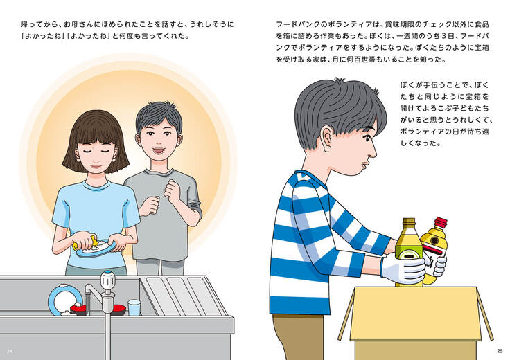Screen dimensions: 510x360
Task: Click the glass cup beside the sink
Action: click(x=134, y=307)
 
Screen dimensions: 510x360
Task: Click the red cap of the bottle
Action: click(x=441, y=222)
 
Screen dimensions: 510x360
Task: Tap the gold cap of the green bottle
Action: click(x=409, y=223)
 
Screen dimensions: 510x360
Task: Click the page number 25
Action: click(x=500, y=351)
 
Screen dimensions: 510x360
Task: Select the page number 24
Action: click(x=10, y=351)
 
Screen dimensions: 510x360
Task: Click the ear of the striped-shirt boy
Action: click(x=327, y=138)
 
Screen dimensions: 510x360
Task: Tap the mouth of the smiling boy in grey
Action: click(x=159, y=151)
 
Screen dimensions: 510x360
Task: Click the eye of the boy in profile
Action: click(x=367, y=138)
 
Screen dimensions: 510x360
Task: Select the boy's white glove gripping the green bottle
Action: click(x=403, y=268)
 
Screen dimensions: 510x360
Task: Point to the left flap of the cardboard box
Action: click(x=345, y=314)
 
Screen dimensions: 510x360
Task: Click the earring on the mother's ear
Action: click(x=114, y=159)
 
